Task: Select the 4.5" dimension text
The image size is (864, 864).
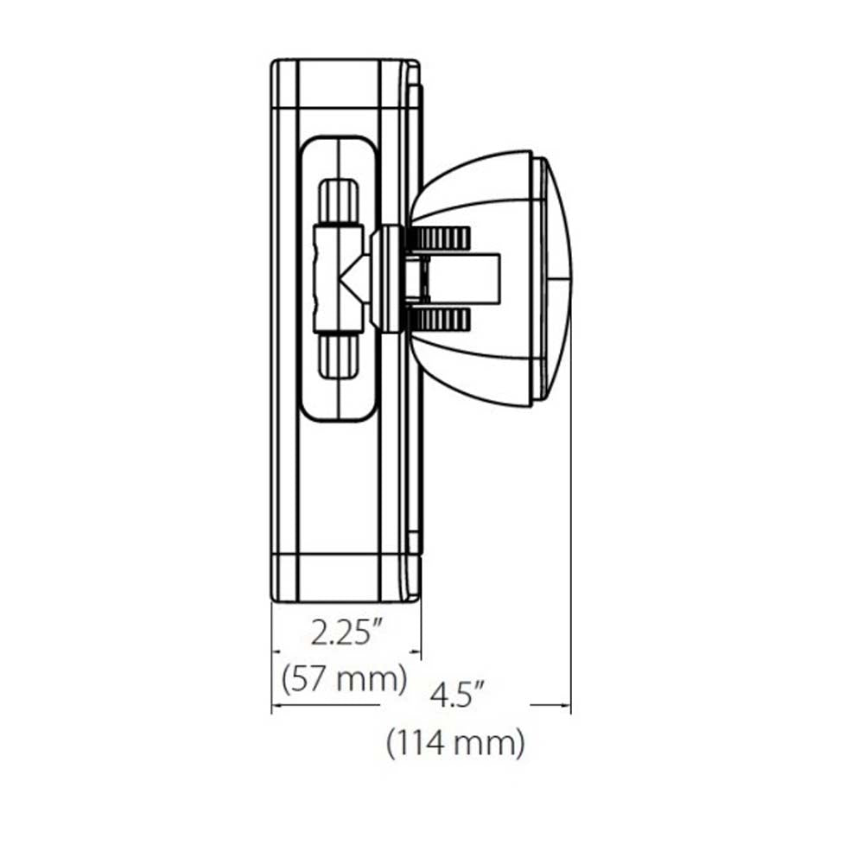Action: coord(457,695)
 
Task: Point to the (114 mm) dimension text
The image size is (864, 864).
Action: coord(455,743)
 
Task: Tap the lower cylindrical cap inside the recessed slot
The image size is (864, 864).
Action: coord(338,356)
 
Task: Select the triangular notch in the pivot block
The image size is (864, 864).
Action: coord(348,279)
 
